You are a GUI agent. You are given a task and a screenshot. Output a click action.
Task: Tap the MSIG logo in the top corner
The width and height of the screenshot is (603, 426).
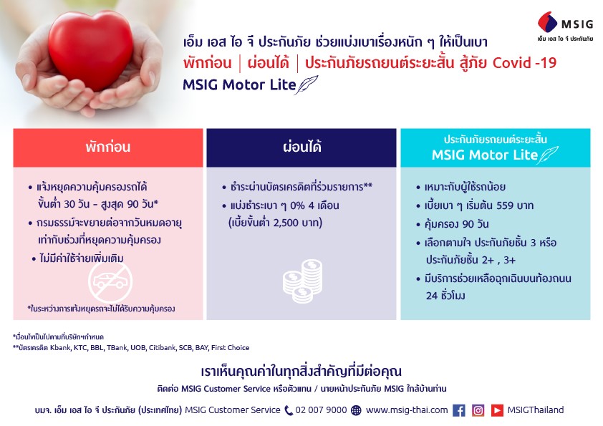point(565,26)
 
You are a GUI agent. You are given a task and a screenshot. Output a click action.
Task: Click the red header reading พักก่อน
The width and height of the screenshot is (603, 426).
point(108,147)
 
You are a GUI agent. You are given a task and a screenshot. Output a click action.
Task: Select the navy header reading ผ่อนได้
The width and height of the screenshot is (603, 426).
point(301,147)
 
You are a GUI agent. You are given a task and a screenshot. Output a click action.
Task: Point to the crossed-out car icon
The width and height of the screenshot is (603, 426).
point(110,282)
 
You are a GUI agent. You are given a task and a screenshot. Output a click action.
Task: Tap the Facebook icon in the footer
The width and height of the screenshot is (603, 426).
point(459,411)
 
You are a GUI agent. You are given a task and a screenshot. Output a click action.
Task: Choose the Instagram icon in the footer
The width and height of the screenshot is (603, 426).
point(478,411)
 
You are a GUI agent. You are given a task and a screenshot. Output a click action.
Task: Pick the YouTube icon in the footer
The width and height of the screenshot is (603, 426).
point(497,411)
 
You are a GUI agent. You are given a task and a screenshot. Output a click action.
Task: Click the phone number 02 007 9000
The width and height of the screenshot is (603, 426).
point(321,410)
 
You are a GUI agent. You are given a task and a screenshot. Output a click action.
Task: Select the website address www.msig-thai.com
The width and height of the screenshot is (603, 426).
point(407,410)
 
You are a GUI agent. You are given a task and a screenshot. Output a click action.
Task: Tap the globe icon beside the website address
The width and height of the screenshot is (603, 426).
point(357,411)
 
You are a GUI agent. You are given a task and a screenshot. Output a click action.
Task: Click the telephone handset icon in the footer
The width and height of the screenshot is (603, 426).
point(289,411)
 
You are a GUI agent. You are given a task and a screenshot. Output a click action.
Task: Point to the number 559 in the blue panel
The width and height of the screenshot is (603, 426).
point(505,205)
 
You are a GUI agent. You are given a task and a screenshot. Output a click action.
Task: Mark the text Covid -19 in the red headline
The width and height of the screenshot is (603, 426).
point(524,63)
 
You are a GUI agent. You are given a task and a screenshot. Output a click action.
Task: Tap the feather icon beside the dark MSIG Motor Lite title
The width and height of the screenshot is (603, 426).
point(307,84)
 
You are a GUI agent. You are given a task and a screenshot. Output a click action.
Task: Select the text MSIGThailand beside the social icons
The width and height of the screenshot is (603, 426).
point(536,410)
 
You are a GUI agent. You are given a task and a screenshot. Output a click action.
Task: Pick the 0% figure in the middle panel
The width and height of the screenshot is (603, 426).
point(298,205)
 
